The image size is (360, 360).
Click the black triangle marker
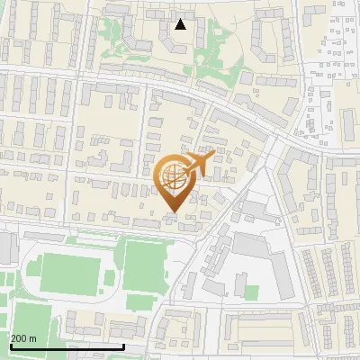181,24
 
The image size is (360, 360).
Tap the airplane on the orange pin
197,165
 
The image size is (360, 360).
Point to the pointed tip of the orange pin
173,213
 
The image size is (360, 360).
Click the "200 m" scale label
24,337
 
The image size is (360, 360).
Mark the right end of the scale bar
123,346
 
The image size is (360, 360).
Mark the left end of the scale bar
11,346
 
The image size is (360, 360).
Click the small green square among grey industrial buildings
251,292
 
